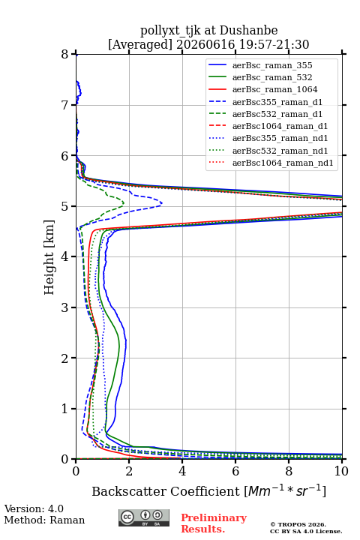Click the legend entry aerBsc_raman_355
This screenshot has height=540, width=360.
(x=272, y=65)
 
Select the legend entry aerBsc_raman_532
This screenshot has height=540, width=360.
(x=272, y=77)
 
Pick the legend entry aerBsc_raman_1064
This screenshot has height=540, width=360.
(x=275, y=89)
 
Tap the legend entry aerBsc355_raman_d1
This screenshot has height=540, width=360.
(x=277, y=102)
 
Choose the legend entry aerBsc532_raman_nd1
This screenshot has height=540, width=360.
(x=280, y=151)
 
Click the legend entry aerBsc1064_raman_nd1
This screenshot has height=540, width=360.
(x=283, y=163)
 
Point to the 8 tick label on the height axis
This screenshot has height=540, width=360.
(x=65, y=54)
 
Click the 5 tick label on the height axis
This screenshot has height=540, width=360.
(x=65, y=206)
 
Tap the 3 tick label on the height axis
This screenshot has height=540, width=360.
(x=65, y=307)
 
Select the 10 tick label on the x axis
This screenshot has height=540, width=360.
(x=341, y=471)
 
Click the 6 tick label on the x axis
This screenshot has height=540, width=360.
(x=235, y=471)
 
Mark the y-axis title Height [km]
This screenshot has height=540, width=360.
(x=49, y=257)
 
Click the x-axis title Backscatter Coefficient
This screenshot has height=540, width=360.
(x=166, y=491)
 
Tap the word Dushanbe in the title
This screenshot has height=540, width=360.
(x=249, y=31)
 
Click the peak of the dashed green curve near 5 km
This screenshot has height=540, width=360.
(x=124, y=203)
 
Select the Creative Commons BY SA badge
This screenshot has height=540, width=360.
(x=144, y=518)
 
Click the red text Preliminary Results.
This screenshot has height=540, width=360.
(x=214, y=523)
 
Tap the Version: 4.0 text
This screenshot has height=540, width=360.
(x=34, y=508)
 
